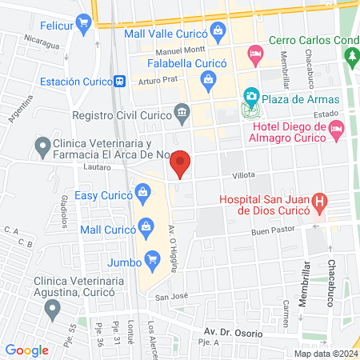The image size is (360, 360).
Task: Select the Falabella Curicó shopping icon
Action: [209, 78]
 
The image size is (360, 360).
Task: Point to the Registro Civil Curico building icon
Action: [182, 113]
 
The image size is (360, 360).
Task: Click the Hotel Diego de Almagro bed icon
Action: [336, 129]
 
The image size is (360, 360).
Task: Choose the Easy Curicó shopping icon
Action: [142, 192]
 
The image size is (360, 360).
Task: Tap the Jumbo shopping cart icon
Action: [150, 260]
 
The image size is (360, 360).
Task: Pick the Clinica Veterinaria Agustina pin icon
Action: [53, 308]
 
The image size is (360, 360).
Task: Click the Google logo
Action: [26, 350]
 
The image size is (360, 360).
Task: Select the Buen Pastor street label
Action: [273, 230]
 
